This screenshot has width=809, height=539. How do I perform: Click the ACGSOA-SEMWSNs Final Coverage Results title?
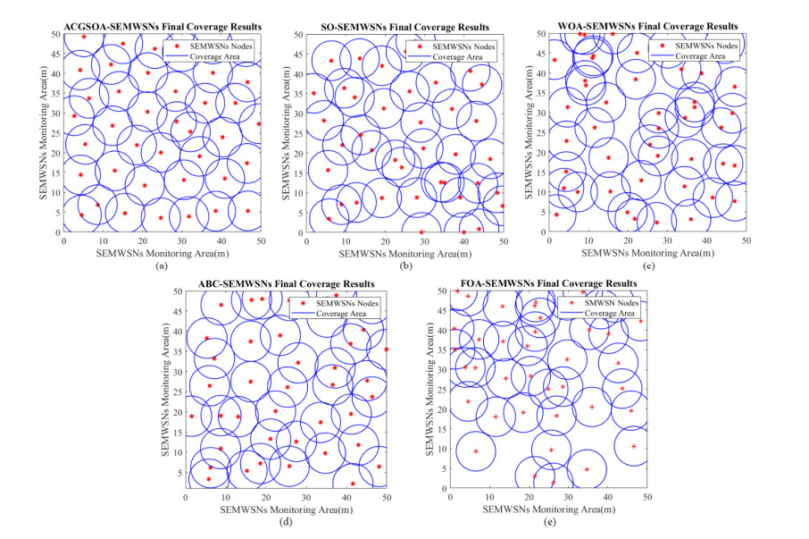[x=162, y=25]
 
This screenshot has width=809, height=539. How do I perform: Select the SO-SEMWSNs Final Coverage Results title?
[x=404, y=25]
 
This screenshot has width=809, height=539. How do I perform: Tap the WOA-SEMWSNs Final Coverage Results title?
[x=647, y=25]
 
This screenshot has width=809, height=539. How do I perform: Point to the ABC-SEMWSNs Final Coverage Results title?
[x=285, y=283]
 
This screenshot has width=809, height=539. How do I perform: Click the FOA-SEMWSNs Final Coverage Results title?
[x=548, y=283]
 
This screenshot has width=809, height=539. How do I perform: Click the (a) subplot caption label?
[x=162, y=265]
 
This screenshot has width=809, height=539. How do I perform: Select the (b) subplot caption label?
[x=404, y=265]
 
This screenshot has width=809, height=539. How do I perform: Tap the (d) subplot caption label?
[x=286, y=522]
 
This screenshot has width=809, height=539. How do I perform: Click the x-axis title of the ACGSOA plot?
[x=162, y=252]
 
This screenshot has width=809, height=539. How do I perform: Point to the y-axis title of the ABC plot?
[x=165, y=390]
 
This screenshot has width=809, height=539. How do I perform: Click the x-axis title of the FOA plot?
[x=548, y=509]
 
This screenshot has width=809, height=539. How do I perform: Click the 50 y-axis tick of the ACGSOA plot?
[x=55, y=34]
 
